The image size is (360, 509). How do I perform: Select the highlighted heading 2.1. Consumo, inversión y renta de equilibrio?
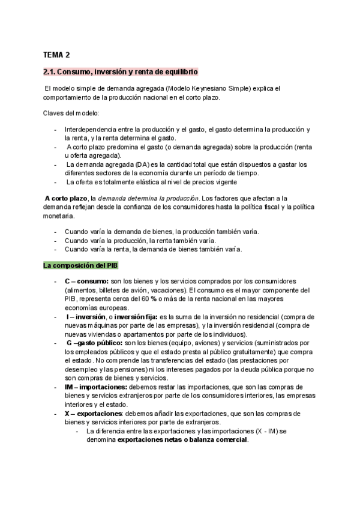(120, 72)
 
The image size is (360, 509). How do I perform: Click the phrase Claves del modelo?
(71, 113)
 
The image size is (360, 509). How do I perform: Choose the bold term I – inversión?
(87, 316)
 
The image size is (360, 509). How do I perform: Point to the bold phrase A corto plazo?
(66, 198)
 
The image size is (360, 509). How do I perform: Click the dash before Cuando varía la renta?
(56, 249)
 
